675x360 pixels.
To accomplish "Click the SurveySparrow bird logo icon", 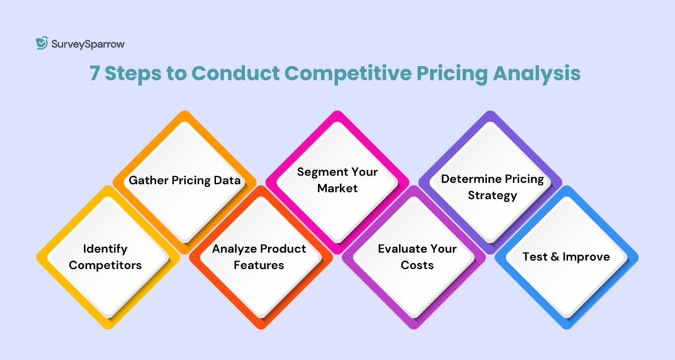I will coord(42,44).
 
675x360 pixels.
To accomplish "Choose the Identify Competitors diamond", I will coord(105,257).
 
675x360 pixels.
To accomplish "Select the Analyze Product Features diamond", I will coord(259,257).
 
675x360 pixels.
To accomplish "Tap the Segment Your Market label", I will coord(337,180).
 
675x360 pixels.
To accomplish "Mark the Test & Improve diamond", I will coord(566,256).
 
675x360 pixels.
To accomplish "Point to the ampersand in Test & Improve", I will coord(553,256).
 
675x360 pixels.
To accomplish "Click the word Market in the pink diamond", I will coord(337,189).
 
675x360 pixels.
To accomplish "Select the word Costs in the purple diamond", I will coord(417,265).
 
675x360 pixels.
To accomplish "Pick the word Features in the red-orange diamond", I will coord(259,265).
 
